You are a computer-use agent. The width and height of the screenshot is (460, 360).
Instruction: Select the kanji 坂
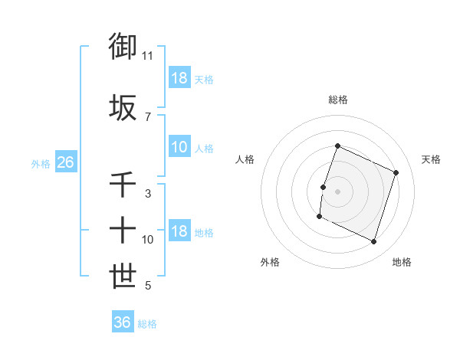point(123,108)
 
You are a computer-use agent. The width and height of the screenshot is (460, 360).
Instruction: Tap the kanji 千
point(123,185)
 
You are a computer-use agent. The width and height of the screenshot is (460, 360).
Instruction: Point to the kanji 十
point(123,229)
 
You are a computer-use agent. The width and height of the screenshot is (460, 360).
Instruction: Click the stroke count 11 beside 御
point(148,55)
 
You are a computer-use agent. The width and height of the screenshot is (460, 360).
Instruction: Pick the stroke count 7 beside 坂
point(148,116)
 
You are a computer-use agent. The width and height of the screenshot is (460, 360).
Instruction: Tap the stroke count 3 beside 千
point(148,194)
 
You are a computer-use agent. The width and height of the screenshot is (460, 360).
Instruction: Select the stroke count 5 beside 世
point(148,286)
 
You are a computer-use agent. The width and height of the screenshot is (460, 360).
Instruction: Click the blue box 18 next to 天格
point(179,78)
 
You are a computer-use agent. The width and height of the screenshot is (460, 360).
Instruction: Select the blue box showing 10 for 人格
point(179,148)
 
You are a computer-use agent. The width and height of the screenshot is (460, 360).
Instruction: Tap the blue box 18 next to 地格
point(179,232)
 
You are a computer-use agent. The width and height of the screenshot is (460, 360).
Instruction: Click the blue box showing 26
point(65,162)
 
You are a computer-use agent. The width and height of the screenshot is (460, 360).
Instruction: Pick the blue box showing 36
point(123,322)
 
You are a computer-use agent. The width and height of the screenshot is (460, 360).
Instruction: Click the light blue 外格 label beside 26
point(40,163)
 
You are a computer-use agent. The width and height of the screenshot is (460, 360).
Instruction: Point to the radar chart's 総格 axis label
point(337,100)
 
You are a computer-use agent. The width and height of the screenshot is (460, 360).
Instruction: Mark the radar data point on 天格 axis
point(396,172)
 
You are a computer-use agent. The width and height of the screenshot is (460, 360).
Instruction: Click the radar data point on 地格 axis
point(374,242)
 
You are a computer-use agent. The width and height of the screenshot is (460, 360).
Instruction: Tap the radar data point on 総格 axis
point(337,146)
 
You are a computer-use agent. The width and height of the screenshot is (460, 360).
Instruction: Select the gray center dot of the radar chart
point(337,191)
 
